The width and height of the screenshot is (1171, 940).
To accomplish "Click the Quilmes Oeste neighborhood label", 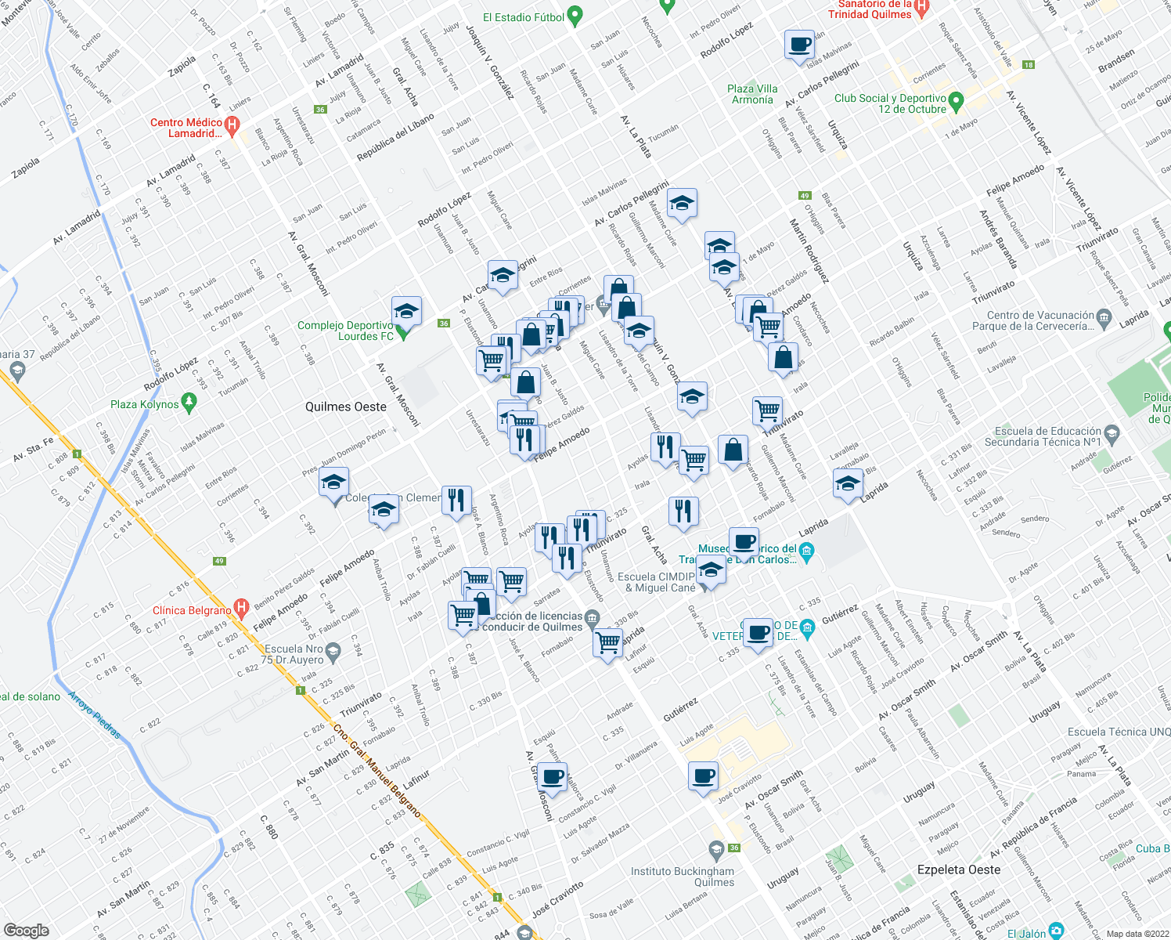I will [345, 407].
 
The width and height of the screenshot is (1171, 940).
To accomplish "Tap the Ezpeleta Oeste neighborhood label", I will [958, 869].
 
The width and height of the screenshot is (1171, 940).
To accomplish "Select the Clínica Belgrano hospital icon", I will [241, 607].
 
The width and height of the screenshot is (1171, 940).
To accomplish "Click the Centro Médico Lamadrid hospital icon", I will [232, 125].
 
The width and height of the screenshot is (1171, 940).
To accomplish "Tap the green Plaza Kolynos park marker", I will [188, 403].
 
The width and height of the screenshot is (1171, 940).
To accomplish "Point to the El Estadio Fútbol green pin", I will [575, 15].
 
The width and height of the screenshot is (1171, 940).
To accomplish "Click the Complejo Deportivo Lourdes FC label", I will [345, 331].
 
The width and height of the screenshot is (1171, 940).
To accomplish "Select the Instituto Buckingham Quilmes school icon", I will [715, 849].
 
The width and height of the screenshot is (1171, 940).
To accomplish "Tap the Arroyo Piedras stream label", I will [95, 715].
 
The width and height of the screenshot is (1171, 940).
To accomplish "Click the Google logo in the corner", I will [27, 931].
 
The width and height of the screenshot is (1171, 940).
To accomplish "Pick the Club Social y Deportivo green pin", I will [955, 101].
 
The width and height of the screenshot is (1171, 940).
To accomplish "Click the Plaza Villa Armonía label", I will [752, 94].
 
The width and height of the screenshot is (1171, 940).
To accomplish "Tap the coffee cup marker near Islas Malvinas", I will [799, 45].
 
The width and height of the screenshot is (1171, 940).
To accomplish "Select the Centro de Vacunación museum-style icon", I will [1104, 317].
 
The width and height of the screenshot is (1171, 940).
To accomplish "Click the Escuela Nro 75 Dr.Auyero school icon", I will [333, 651].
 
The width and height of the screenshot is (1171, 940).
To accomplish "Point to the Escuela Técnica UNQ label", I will [1119, 732].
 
